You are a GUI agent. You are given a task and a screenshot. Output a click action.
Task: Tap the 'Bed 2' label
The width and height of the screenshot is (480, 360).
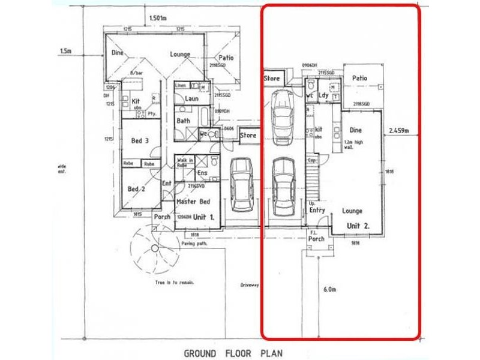pos(137,189)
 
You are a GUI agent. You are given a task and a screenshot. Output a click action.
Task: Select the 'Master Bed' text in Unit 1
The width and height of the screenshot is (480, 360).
pos(193,202)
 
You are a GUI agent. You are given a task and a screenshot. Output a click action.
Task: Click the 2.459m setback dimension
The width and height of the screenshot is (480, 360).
pos(398,130)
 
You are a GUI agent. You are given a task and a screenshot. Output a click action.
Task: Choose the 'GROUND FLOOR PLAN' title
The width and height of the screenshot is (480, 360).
pos(233,353)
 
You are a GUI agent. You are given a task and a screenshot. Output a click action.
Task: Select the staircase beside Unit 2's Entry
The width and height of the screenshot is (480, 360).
pos(312,183)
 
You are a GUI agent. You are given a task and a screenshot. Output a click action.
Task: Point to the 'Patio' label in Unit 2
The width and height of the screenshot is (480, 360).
pos(359,78)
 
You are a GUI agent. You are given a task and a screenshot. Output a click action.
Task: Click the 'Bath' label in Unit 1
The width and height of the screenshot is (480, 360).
pos(183,121)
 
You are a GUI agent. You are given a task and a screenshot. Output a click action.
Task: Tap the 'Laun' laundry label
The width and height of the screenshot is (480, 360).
pos(191,98)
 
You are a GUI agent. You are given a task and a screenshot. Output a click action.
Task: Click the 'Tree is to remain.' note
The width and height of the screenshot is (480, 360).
pos(174,281)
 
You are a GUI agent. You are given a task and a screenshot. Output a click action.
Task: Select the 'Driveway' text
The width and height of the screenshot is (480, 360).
pos(249,285)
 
